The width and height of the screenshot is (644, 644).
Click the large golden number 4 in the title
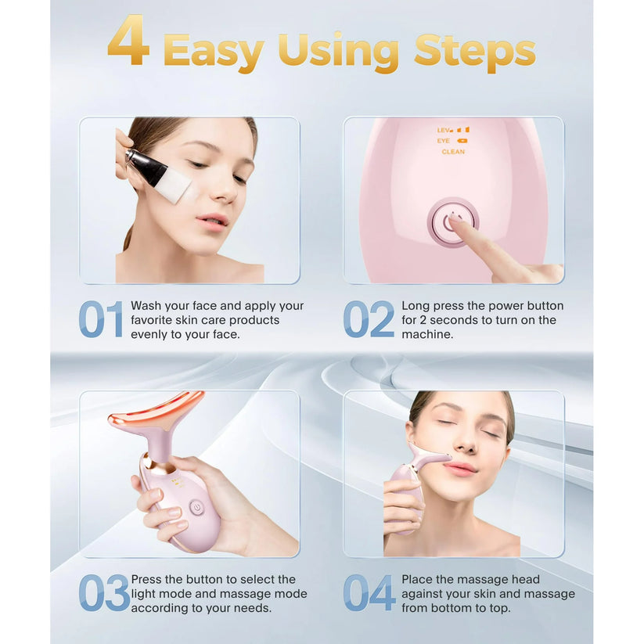(129, 41)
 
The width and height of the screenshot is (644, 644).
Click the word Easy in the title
(214, 51)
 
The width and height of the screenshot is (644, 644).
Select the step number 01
(101, 319)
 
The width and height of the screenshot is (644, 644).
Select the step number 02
(369, 319)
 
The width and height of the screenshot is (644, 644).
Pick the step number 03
(103, 593)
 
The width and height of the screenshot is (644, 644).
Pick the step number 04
(369, 593)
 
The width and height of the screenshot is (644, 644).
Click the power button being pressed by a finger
(452, 221)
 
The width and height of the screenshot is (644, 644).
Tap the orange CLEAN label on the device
(452, 152)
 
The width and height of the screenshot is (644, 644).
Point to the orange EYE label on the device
(444, 141)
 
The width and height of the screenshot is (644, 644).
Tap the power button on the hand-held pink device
(196, 507)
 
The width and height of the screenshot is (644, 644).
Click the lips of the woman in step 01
(213, 221)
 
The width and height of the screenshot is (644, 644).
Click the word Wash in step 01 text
(146, 306)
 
